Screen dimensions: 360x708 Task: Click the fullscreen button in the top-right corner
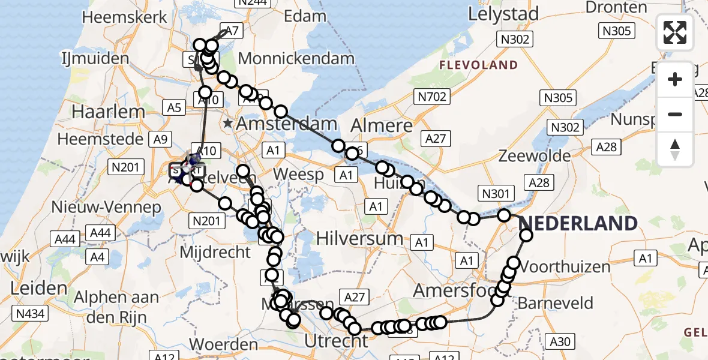coord(675,32)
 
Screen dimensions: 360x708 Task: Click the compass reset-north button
coord(675,149)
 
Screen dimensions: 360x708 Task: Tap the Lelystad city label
coord(504,13)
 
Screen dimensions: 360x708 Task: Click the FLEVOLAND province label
coord(478,65)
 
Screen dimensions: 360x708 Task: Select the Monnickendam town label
coord(297,59)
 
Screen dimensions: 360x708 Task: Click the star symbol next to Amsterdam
coord(228,124)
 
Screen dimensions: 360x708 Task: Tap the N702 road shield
coord(432,95)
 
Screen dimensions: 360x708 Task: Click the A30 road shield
coord(560,342)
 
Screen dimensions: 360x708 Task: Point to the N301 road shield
coord(496,193)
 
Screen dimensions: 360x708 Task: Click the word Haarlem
coord(109,112)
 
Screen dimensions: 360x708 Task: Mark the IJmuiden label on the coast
coord(95,59)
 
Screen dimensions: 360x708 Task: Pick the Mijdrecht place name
coord(215,251)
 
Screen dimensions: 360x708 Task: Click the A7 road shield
coord(231,32)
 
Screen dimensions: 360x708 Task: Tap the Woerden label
coord(223,344)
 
